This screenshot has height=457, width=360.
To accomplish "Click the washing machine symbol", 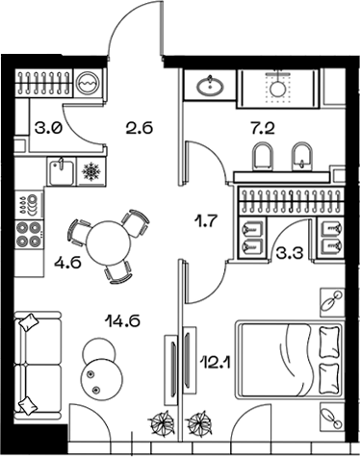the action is (88, 84).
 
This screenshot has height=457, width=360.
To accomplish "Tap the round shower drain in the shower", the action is (280, 87).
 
